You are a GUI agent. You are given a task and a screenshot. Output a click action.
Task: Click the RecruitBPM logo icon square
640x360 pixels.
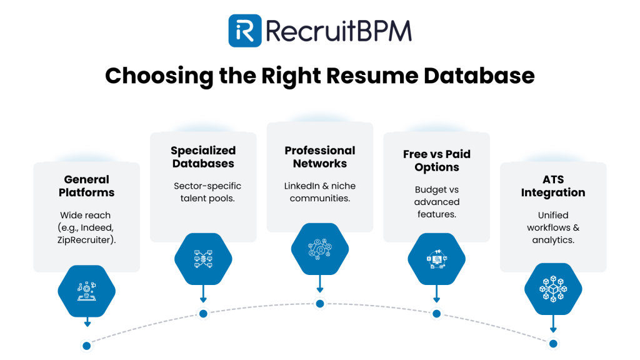click(244, 31)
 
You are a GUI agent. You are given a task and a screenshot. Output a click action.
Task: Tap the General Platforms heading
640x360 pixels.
click(86, 186)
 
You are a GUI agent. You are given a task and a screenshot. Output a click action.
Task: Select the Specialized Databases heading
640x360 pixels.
click(203, 157)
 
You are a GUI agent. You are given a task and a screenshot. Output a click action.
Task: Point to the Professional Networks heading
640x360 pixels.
click(320, 157)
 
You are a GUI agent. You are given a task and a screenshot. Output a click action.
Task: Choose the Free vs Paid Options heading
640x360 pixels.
click(436, 161)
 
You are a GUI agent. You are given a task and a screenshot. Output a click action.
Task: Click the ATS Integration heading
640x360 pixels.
click(553, 186)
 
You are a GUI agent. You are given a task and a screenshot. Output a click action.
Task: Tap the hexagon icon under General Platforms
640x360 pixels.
click(87, 289)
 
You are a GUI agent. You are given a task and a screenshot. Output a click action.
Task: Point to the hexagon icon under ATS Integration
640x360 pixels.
click(553, 289)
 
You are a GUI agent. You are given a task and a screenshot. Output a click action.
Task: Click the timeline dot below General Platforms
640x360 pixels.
click(87, 345)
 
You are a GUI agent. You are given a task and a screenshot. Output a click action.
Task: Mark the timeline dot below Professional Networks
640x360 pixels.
click(320, 304)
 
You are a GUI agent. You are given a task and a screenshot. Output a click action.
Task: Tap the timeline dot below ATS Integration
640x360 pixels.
click(553, 343)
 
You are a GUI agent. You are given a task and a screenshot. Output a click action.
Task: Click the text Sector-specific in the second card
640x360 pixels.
click(207, 186)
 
